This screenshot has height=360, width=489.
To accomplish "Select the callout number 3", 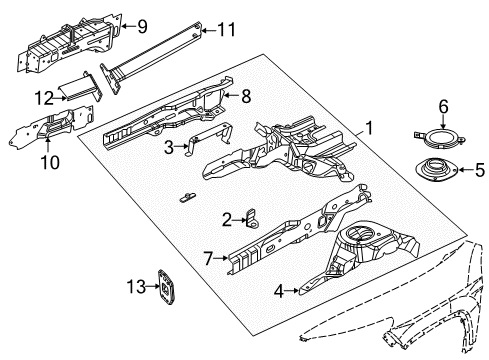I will pos(169,146).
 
